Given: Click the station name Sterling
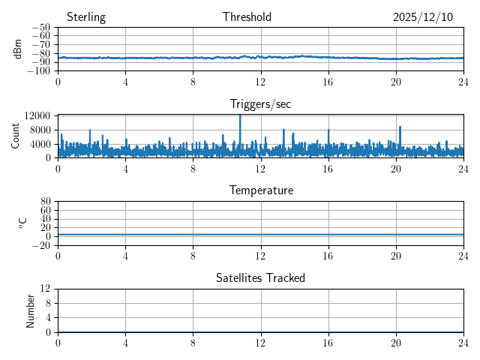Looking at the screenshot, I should coord(86,17).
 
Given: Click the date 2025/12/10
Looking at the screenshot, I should coord(423,17).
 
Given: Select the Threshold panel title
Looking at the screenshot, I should coord(247,17).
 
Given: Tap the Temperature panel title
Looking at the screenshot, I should coord(261,190).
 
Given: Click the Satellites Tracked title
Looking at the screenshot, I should coord(260,277).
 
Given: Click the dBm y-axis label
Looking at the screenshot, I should coord(17,49).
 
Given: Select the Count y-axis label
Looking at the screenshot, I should coord(16,136).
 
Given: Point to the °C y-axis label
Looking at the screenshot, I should coord(22,223).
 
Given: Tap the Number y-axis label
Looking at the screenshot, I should coord(31,310).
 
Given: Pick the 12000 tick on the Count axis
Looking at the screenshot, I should coord(37,115).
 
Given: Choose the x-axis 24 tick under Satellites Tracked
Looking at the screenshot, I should coord(463,343).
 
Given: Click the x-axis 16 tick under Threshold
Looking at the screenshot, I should coord(328,82).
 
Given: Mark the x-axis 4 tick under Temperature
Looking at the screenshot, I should coord(125,256).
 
